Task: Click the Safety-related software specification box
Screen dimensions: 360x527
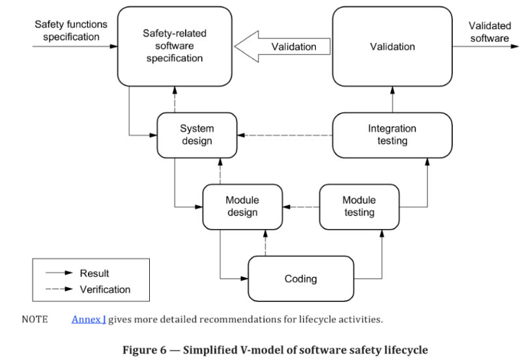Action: coord(174,47)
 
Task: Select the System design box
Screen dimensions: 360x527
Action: coord(197,135)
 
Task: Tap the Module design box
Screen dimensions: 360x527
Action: coord(242,206)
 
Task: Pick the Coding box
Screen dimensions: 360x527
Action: coord(300,279)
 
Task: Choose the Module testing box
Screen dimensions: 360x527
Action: coord(358,206)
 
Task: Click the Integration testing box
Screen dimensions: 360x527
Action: coord(392,135)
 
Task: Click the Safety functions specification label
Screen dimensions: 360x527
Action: coord(71,31)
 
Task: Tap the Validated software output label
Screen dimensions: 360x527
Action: coord(489,32)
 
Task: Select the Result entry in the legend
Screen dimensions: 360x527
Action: coord(94,273)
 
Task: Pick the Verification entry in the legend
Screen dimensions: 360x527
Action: coord(105,289)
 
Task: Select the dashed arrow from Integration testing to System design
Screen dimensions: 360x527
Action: coord(284,135)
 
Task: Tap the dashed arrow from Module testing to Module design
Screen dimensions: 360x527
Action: coord(301,207)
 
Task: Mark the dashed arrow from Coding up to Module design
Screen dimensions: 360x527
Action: coord(265,243)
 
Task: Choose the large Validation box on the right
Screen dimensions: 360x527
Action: coord(392,47)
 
